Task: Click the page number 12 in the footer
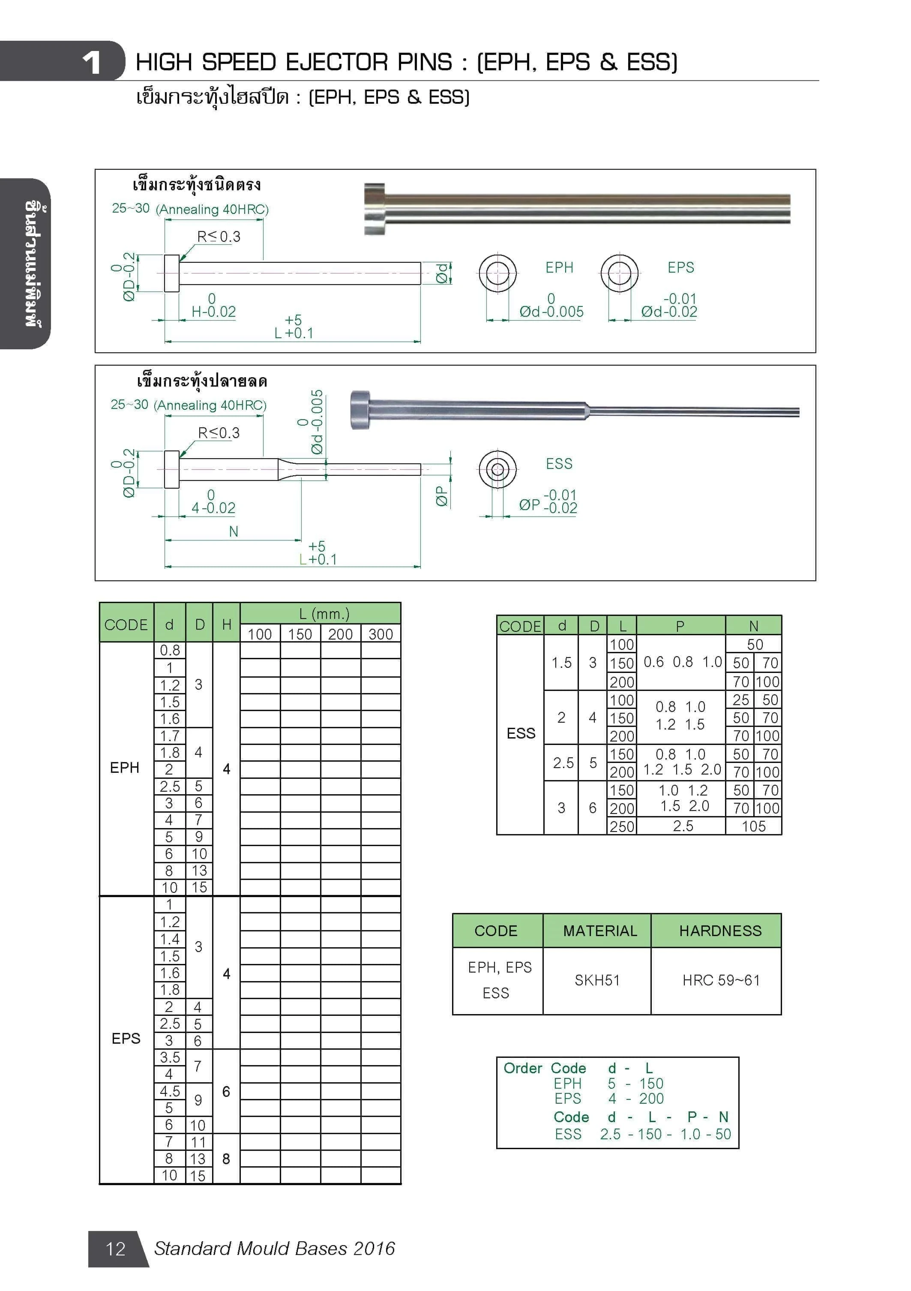pyautogui.click(x=115, y=1248)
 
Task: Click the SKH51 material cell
pyautogui.click(x=597, y=981)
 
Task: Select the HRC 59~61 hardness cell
pyautogui.click(x=721, y=981)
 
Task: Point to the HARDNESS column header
pyautogui.click(x=720, y=931)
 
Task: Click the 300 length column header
pyautogui.click(x=381, y=634)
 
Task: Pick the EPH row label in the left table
pyautogui.click(x=124, y=768)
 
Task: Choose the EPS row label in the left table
pyautogui.click(x=126, y=1039)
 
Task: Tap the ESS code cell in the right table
pyautogui.click(x=521, y=733)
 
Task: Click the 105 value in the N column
pyautogui.click(x=754, y=826)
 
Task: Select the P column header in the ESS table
pyautogui.click(x=680, y=626)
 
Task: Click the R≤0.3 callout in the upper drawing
pyautogui.click(x=219, y=237)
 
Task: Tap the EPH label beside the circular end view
pyautogui.click(x=559, y=267)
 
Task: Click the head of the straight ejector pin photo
pyautogui.click(x=374, y=209)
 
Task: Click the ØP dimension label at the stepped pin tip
pyautogui.click(x=442, y=496)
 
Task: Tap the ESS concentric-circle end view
pyautogui.click(x=497, y=468)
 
